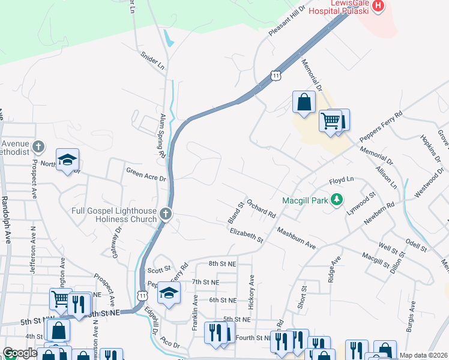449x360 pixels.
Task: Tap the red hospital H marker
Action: coord(378,6)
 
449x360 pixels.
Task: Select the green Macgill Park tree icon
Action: coord(337,199)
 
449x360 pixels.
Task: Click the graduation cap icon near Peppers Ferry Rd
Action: coord(170,293)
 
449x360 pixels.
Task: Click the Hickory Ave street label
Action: coord(252,289)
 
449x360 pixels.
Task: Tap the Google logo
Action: coord(20,353)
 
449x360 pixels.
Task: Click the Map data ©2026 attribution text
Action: coord(424,355)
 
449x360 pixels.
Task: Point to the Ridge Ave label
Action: coord(334,268)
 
